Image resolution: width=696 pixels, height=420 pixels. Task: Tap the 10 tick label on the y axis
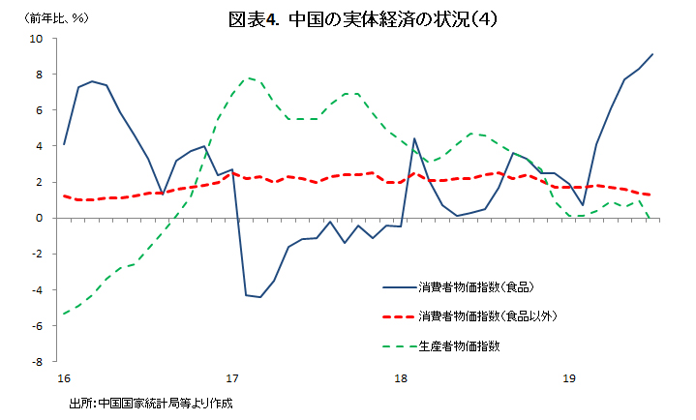(36, 39)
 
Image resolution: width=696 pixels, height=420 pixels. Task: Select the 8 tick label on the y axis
(39, 75)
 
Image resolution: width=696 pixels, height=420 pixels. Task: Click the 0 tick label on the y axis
(39, 218)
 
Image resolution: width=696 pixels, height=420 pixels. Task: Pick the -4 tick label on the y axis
(37, 289)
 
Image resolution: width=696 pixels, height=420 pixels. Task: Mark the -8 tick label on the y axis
(37, 361)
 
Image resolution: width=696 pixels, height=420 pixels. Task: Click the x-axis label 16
(64, 377)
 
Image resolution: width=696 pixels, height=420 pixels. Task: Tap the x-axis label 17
(232, 377)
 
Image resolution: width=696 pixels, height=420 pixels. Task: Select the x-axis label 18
(401, 377)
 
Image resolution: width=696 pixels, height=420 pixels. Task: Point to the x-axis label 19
(569, 377)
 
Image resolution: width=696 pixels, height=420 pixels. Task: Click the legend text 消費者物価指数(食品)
(476, 287)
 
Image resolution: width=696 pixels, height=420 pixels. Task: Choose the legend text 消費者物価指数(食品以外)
(487, 316)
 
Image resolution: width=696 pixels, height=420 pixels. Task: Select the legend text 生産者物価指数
(459, 345)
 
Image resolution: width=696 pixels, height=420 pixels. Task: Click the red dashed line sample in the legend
(398, 316)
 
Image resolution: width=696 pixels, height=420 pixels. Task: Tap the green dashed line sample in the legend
(398, 345)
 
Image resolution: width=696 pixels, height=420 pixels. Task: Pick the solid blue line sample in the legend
(398, 287)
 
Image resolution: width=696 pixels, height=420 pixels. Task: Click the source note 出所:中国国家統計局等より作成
(151, 403)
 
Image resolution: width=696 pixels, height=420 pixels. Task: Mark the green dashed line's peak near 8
(250, 77)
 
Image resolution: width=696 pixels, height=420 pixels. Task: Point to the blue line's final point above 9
(653, 54)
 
